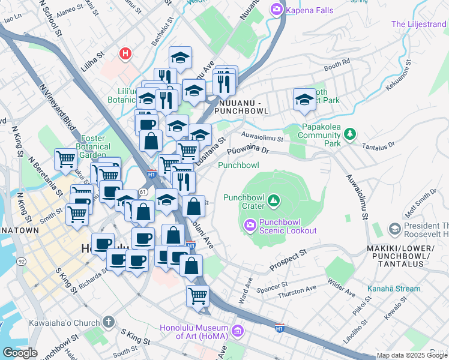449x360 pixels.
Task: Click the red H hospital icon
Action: tap(125, 54)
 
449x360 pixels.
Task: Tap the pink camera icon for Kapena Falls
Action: tap(276, 8)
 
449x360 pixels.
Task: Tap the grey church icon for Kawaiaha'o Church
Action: tap(108, 323)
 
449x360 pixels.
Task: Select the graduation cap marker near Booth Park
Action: tap(305, 100)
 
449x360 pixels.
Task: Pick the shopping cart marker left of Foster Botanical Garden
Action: tap(65, 160)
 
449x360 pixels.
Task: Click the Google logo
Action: tap(20, 353)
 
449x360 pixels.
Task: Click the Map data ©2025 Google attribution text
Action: tap(412, 355)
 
